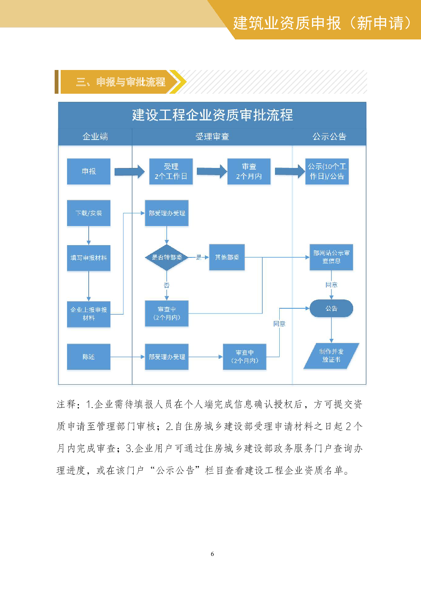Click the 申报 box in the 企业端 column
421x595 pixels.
[89, 171]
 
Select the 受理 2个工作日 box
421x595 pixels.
[171, 171]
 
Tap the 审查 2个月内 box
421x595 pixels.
[249, 171]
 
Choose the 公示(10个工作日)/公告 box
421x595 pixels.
[327, 171]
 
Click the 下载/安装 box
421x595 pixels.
[89, 213]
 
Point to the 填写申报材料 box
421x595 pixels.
[89, 258]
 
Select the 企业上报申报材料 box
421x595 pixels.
[89, 314]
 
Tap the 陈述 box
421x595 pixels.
[89, 357]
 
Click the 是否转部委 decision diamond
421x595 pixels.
[167, 257]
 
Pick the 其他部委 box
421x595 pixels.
[227, 257]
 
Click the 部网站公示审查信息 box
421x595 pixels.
[331, 257]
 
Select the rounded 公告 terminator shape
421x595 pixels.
[331, 308]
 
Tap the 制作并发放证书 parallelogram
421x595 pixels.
[331, 356]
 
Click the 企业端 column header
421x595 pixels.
[95, 137]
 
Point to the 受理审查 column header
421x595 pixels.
[212, 137]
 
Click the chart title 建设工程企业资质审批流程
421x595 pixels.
[212, 115]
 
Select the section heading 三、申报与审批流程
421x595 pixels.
[121, 82]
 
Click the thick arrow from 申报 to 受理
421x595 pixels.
[129, 171]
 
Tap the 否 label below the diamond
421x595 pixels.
[167, 285]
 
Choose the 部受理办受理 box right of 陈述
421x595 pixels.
[167, 357]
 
